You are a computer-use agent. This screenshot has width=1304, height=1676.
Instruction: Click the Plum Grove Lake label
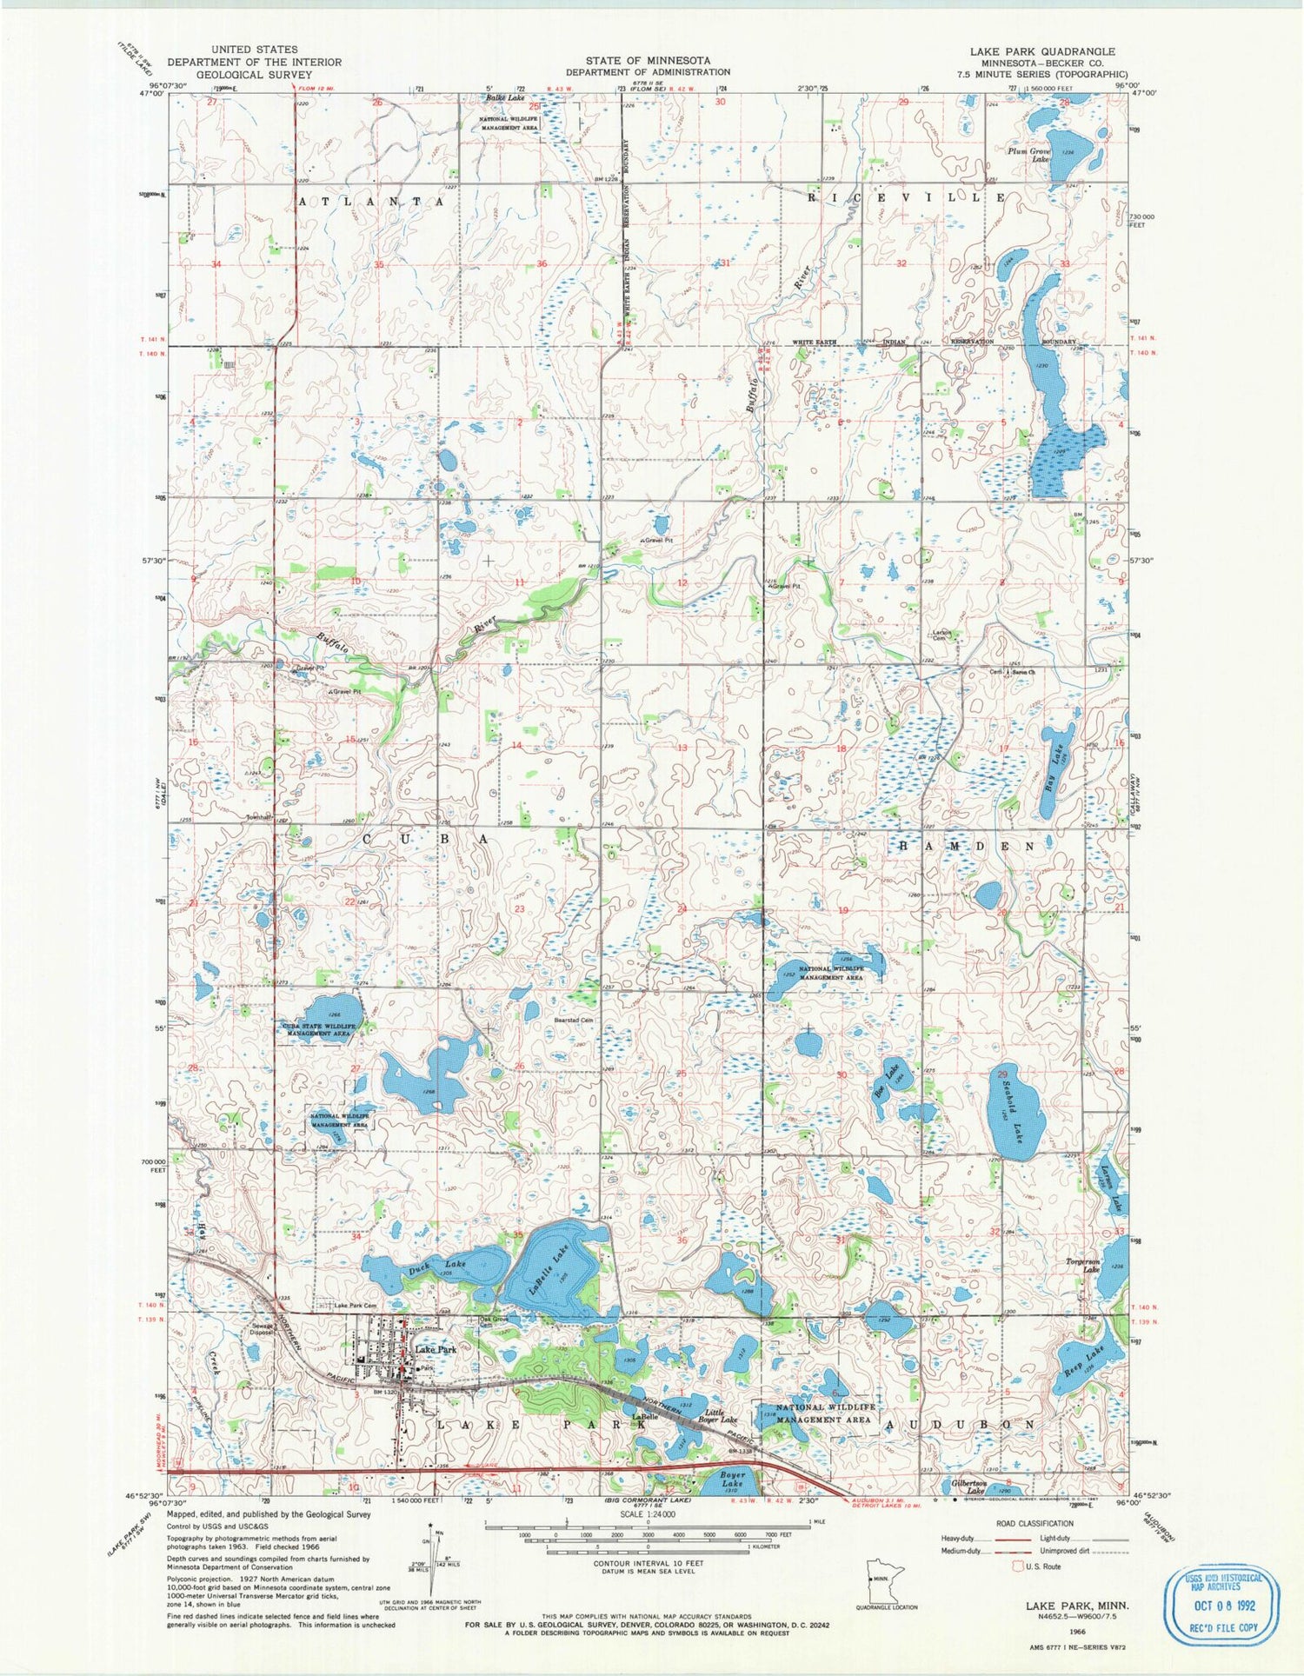[x=1029, y=155]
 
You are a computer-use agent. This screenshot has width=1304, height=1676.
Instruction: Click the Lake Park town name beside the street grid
[x=436, y=1349]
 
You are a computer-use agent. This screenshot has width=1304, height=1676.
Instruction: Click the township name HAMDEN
[x=966, y=846]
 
